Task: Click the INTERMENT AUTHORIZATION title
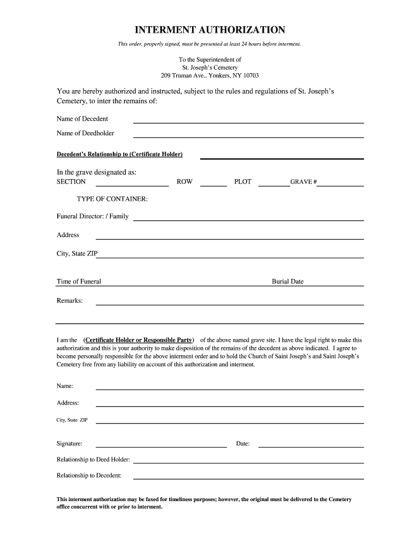[210, 29]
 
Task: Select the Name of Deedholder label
[86, 133]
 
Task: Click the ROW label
[184, 182]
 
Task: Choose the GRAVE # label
[303, 182]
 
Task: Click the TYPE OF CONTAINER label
[112, 199]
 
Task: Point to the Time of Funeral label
[79, 282]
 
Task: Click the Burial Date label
[287, 282]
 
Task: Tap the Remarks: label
[70, 301]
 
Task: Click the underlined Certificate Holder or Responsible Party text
[139, 340]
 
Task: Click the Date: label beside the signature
[243, 444]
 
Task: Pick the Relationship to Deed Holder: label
[93, 460]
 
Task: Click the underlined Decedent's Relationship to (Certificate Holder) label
[119, 154]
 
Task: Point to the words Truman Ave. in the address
[192, 75]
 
